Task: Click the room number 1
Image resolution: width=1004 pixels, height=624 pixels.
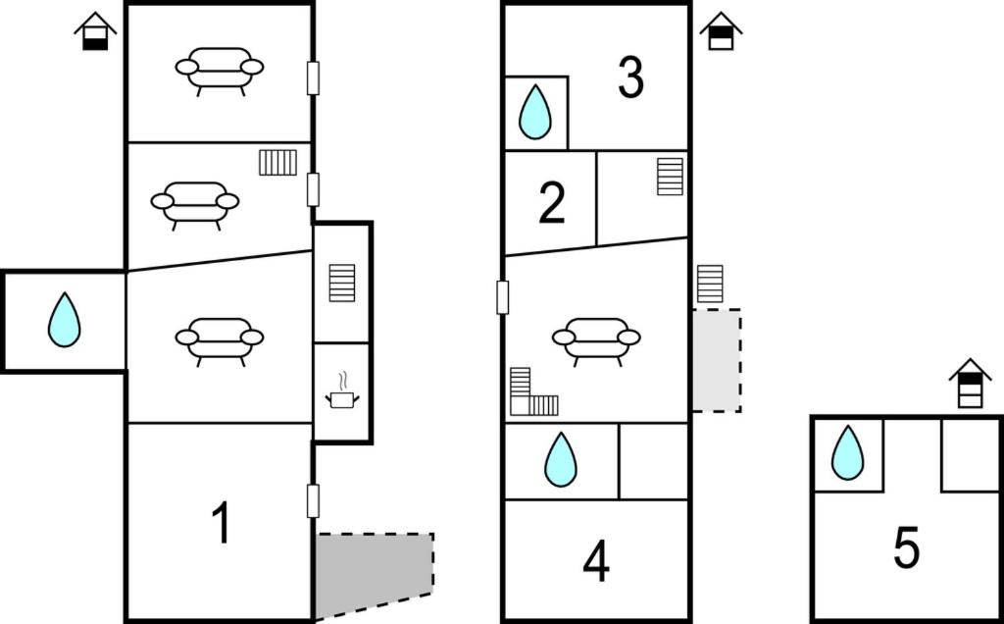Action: click(x=222, y=522)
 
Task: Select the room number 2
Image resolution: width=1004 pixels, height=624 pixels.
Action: click(x=552, y=203)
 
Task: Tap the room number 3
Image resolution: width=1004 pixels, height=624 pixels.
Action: click(x=631, y=78)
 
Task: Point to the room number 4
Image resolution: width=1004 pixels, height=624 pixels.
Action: click(x=596, y=562)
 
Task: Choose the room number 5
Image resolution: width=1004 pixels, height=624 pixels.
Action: click(x=907, y=547)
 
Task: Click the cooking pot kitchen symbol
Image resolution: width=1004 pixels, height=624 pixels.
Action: click(x=342, y=390)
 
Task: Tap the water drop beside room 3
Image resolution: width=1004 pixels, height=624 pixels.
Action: click(x=534, y=112)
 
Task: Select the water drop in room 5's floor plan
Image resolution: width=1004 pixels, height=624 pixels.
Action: click(x=847, y=452)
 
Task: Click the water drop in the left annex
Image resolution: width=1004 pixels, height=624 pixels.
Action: click(x=64, y=320)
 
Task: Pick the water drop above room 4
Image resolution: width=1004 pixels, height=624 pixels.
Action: click(x=560, y=459)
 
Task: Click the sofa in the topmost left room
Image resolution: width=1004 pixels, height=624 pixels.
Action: click(x=220, y=71)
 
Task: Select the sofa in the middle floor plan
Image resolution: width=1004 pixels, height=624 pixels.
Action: click(x=596, y=341)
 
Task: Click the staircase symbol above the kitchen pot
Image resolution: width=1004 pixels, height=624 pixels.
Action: click(x=342, y=283)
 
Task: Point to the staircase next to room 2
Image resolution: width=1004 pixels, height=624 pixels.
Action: click(x=670, y=177)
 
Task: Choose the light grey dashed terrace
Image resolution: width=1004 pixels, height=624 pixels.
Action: click(x=717, y=361)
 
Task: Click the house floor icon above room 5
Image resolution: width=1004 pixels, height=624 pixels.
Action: click(x=970, y=383)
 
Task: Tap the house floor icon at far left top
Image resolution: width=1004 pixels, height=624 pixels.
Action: click(x=95, y=30)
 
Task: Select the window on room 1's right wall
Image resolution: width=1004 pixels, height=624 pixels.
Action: click(x=313, y=501)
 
